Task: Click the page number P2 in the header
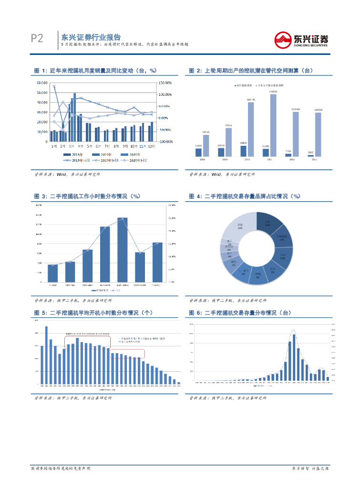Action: coord(37,39)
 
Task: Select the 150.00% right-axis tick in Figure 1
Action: coord(166,82)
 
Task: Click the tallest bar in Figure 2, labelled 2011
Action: coord(273,125)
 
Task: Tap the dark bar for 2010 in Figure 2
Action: coord(243,151)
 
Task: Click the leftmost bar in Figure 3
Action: coord(52,273)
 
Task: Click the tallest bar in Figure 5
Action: coord(46,355)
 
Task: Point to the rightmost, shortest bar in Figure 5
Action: coord(179,383)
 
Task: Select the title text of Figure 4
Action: coord(245,196)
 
